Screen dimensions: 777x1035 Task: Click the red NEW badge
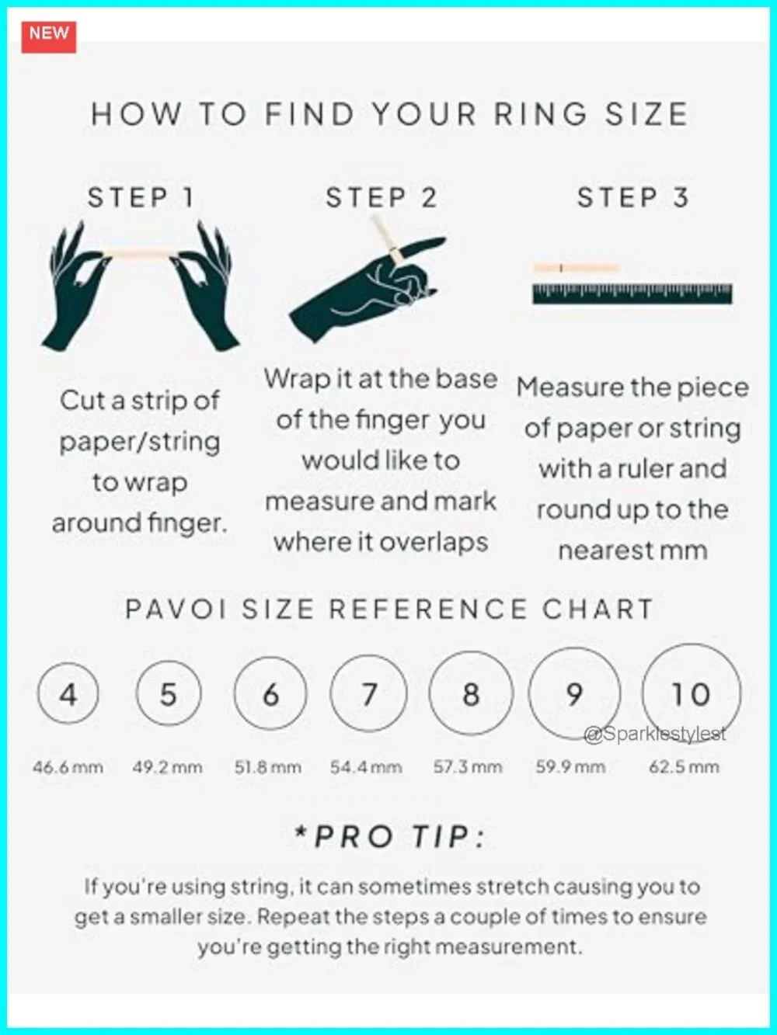[x=49, y=37]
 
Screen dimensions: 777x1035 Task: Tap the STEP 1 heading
[x=141, y=197]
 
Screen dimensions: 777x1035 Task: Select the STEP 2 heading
[x=382, y=197]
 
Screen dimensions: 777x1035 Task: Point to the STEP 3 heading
[x=633, y=197]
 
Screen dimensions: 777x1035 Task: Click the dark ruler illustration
[x=632, y=293]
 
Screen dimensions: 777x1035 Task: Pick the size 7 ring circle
[x=331, y=693]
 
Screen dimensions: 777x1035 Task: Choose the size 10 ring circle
[x=643, y=693]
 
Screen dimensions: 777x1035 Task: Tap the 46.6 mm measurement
[x=68, y=767]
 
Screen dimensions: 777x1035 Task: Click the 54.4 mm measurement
[x=366, y=767]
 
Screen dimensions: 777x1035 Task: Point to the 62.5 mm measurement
[x=685, y=767]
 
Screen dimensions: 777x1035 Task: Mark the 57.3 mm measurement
[x=468, y=767]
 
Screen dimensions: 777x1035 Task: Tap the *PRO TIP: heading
[x=389, y=837]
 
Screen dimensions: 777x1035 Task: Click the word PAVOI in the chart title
[x=176, y=609]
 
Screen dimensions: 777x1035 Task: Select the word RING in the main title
[x=540, y=115]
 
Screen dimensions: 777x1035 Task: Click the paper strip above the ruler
[x=576, y=268]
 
